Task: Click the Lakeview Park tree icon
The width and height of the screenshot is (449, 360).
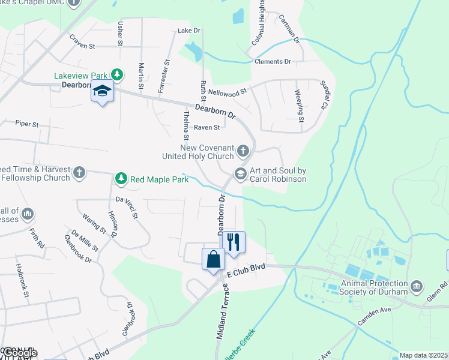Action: (x=118, y=75)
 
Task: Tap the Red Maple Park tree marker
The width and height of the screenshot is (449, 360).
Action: (x=121, y=178)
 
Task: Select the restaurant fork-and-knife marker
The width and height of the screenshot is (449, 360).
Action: (x=234, y=241)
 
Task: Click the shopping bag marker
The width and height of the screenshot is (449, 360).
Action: (x=214, y=259)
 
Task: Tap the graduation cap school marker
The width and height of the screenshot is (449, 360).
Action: (x=102, y=92)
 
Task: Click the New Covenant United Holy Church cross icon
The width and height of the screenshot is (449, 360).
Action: (x=243, y=150)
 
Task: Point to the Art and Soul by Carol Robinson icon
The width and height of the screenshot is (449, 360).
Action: (x=241, y=173)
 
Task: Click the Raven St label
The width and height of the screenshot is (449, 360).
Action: (x=206, y=127)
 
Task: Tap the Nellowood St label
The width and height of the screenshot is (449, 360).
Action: (x=228, y=92)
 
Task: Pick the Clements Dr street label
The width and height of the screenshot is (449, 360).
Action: (x=273, y=62)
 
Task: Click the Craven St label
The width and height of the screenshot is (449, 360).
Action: (x=82, y=45)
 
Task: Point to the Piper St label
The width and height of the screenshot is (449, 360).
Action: (x=27, y=124)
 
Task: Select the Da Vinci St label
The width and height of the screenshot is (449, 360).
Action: (x=128, y=199)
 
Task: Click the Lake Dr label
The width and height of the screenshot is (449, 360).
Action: (x=188, y=30)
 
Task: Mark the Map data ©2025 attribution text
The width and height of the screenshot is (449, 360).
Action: (x=424, y=355)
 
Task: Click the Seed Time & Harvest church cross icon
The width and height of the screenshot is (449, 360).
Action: (x=79, y=173)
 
